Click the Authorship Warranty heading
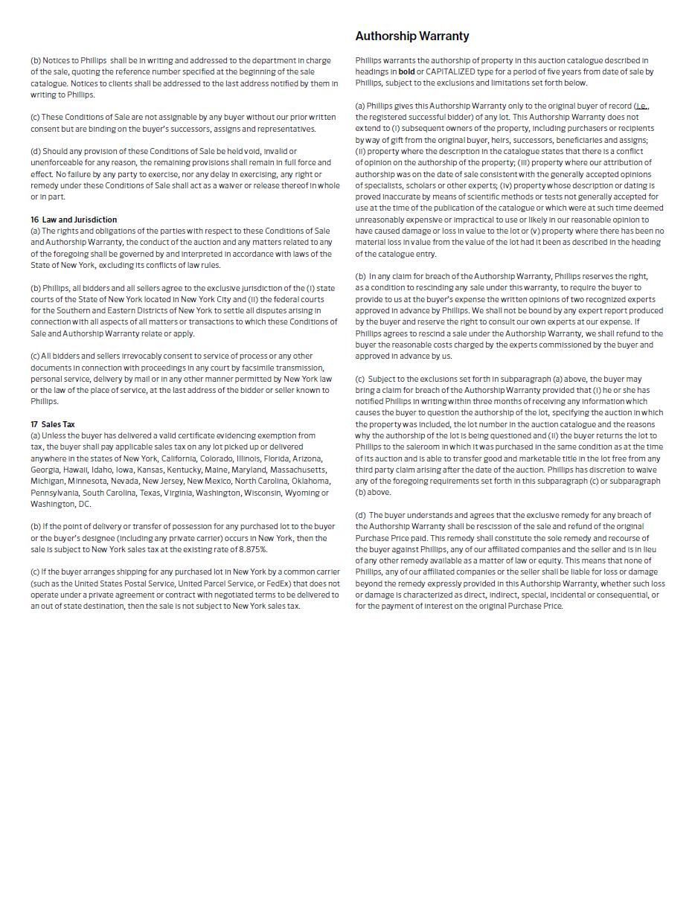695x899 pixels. pyautogui.click(x=411, y=36)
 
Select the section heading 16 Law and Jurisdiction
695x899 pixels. pyautogui.click(x=74, y=220)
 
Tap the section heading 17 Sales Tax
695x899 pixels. pyautogui.click(x=53, y=424)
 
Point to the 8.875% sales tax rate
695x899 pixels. pyautogui.click(x=253, y=549)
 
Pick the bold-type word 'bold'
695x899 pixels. pyautogui.click(x=406, y=71)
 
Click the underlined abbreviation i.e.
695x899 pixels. pyautogui.click(x=641, y=106)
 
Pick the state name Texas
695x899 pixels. pyautogui.click(x=150, y=493)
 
